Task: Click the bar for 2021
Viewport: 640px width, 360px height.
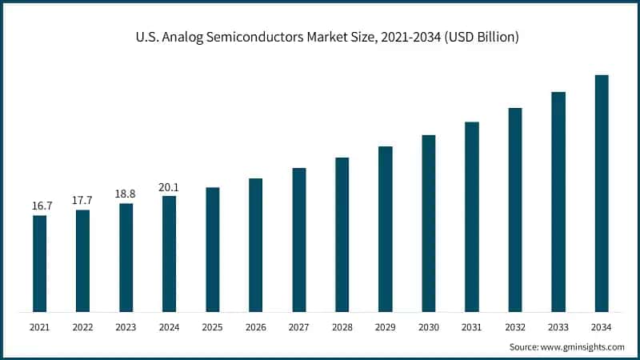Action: (x=39, y=263)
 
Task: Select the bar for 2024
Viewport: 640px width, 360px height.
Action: (x=169, y=254)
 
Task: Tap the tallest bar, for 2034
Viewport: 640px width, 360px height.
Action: (x=602, y=193)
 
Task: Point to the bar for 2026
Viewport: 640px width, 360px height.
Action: (x=255, y=245)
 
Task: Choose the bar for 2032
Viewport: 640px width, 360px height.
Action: (x=515, y=210)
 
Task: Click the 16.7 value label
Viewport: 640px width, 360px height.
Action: (x=39, y=206)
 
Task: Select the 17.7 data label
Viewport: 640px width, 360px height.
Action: (x=82, y=201)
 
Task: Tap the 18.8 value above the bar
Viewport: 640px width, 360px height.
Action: (x=126, y=194)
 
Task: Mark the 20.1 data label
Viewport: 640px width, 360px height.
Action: (x=169, y=187)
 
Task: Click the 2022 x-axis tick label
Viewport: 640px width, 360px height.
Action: (x=82, y=327)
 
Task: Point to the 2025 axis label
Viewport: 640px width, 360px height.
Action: (x=212, y=327)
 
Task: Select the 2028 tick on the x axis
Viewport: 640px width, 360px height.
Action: (x=342, y=327)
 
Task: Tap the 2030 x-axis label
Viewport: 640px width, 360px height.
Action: (x=429, y=327)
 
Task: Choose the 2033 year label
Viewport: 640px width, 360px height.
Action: (x=558, y=327)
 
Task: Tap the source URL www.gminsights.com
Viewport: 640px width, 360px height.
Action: (x=585, y=347)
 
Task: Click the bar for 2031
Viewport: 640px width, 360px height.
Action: (x=472, y=217)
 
